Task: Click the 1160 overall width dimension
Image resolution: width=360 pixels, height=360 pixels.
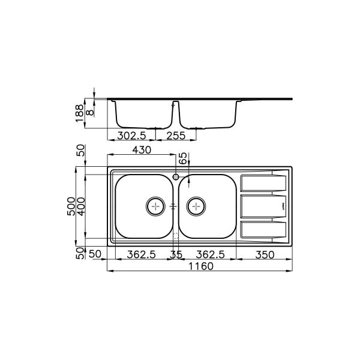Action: pos(201,266)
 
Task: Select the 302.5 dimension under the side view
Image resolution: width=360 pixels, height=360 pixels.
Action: pos(131,136)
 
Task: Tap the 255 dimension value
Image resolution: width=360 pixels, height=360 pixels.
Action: pos(176,136)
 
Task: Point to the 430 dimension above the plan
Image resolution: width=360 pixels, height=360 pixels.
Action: pos(142,150)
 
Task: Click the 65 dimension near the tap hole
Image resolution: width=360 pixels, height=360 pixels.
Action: pos(183,158)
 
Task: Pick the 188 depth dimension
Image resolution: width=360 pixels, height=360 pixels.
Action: pos(79,113)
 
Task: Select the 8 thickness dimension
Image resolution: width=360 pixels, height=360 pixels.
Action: pos(90,113)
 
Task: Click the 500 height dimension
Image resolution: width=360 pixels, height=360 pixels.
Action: pos(71,206)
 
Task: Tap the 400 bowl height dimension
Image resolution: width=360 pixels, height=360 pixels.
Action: pos(81,206)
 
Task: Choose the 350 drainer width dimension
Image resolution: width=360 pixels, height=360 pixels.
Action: pos(265,255)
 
